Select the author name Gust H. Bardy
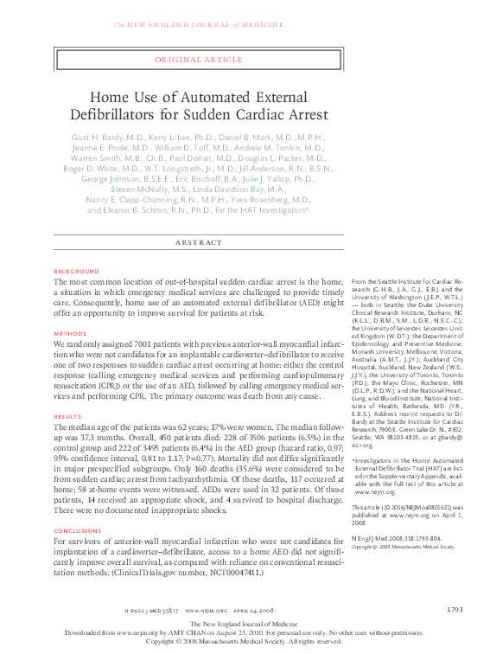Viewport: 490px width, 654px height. tap(99, 138)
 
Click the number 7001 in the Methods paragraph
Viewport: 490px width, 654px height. tap(130, 343)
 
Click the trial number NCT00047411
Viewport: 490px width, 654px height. tap(250, 573)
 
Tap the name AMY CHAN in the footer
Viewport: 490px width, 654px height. tap(188, 632)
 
